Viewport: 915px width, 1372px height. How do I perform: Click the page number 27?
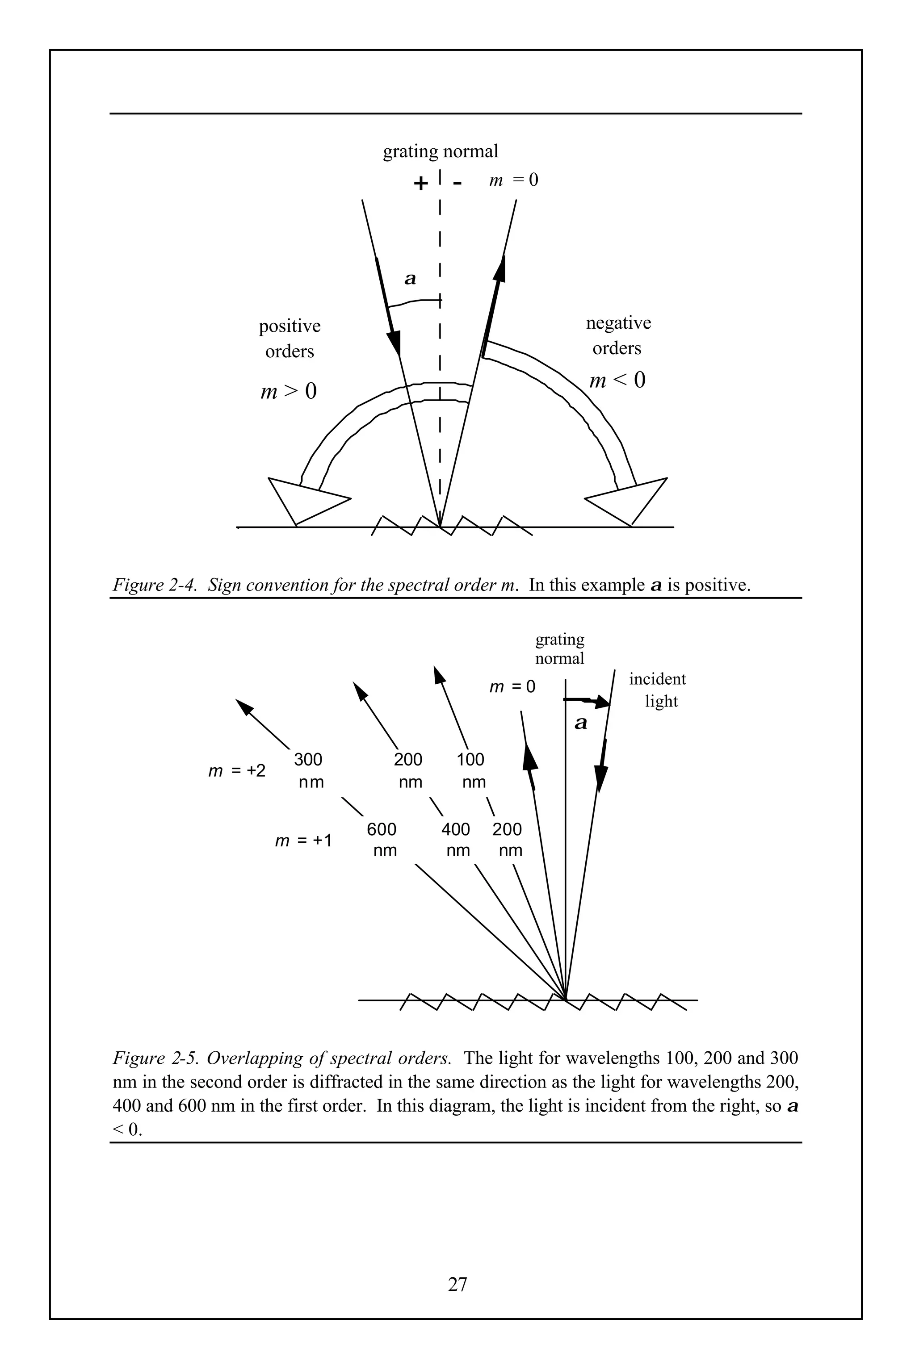click(457, 1284)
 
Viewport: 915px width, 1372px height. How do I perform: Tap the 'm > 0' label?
click(288, 391)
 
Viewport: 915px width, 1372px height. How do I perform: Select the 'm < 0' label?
click(617, 381)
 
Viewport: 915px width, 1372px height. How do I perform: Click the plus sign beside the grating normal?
click(420, 184)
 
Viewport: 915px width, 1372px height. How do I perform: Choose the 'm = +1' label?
click(303, 841)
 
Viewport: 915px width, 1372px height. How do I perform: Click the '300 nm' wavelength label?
click(309, 770)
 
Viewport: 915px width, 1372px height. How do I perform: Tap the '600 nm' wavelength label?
click(382, 840)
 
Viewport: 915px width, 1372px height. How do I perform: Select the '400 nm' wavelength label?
click(456, 840)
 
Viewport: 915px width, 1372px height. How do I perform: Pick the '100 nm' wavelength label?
click(471, 770)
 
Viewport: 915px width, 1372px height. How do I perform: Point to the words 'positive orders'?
click(290, 339)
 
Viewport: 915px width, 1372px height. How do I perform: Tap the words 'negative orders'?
click(618, 335)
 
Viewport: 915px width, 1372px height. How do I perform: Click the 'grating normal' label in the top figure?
click(441, 152)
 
